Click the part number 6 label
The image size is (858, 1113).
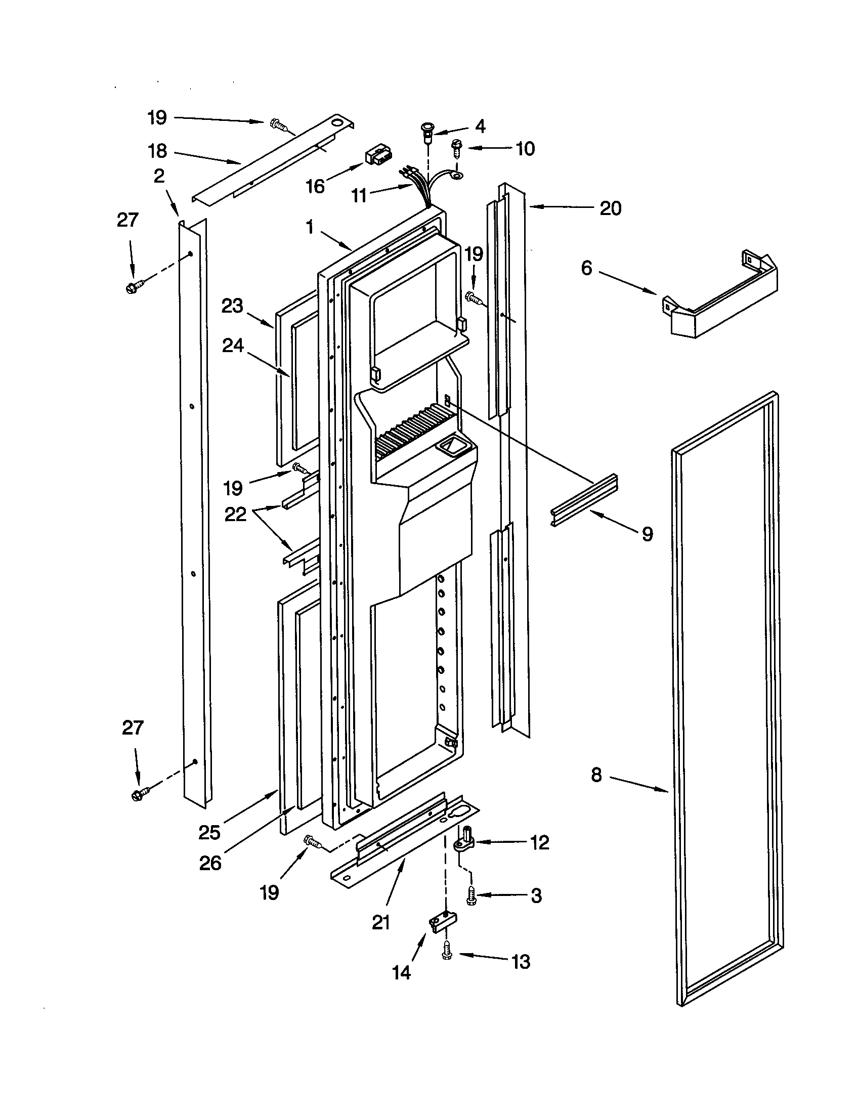click(x=586, y=268)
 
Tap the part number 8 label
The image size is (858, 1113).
click(x=596, y=775)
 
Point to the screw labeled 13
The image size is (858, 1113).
click(x=447, y=952)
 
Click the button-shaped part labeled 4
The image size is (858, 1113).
click(x=427, y=130)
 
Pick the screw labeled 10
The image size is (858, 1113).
click(x=456, y=149)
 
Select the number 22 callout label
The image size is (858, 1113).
click(x=235, y=514)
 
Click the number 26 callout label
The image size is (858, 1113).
click(x=210, y=862)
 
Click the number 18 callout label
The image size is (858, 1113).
click(x=157, y=151)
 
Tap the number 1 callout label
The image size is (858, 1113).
click(x=310, y=227)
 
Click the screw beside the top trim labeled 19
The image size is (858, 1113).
click(x=279, y=124)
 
